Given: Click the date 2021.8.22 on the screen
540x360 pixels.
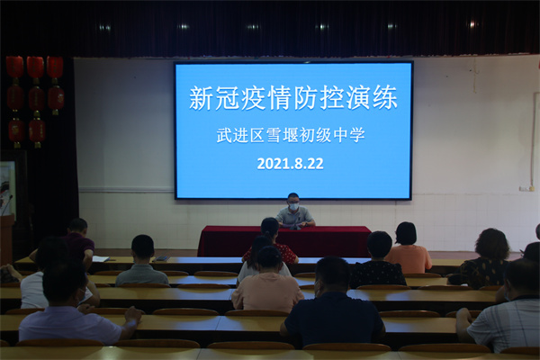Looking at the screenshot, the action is click(290, 164).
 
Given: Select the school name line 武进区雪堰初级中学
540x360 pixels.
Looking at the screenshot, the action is click(291, 135).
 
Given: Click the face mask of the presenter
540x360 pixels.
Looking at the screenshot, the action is click(292, 207).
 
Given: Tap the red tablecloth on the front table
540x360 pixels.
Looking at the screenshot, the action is click(284, 241).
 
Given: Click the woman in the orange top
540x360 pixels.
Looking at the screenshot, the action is click(408, 248).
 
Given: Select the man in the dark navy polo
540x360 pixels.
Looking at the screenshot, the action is click(332, 303).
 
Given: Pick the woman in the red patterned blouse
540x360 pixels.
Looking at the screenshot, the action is click(271, 241).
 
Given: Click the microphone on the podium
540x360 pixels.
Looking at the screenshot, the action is click(7, 205).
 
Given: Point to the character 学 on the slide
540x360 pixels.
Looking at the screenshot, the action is click(357, 135).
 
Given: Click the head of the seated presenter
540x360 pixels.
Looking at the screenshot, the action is click(292, 202).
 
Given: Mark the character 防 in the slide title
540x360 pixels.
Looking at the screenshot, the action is click(306, 98).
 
